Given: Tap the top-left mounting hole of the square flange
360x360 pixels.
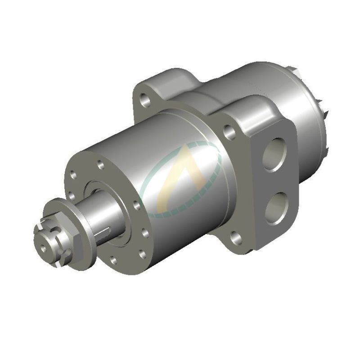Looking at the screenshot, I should pos(145,100).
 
